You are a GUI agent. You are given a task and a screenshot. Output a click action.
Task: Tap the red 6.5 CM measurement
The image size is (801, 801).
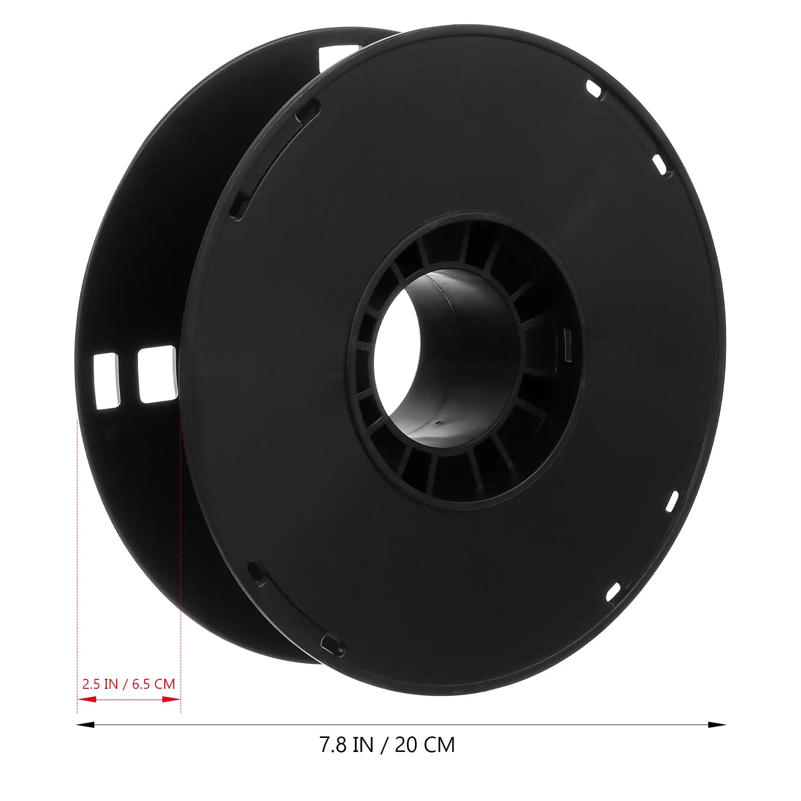(x=153, y=684)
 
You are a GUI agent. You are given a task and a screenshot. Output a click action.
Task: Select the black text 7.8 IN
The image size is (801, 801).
(x=346, y=745)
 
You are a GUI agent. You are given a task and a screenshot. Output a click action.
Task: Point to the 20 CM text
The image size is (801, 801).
(x=425, y=745)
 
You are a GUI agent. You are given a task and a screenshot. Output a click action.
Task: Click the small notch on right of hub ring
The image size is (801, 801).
(x=567, y=345)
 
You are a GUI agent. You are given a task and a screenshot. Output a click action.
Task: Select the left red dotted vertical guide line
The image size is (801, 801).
(x=77, y=551)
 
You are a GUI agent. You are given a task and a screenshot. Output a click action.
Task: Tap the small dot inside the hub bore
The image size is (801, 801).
(x=439, y=422)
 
